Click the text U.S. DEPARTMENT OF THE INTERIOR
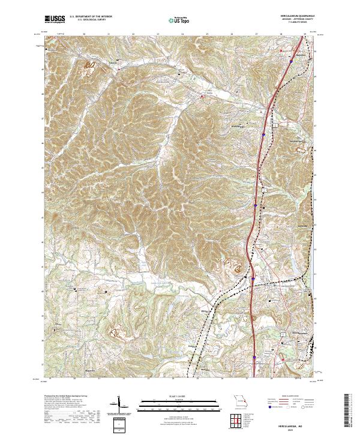pyautogui.click(x=91, y=16)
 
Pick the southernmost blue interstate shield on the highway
pyautogui.click(x=254, y=355)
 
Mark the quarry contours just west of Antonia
pyautogui.click(x=90, y=63)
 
